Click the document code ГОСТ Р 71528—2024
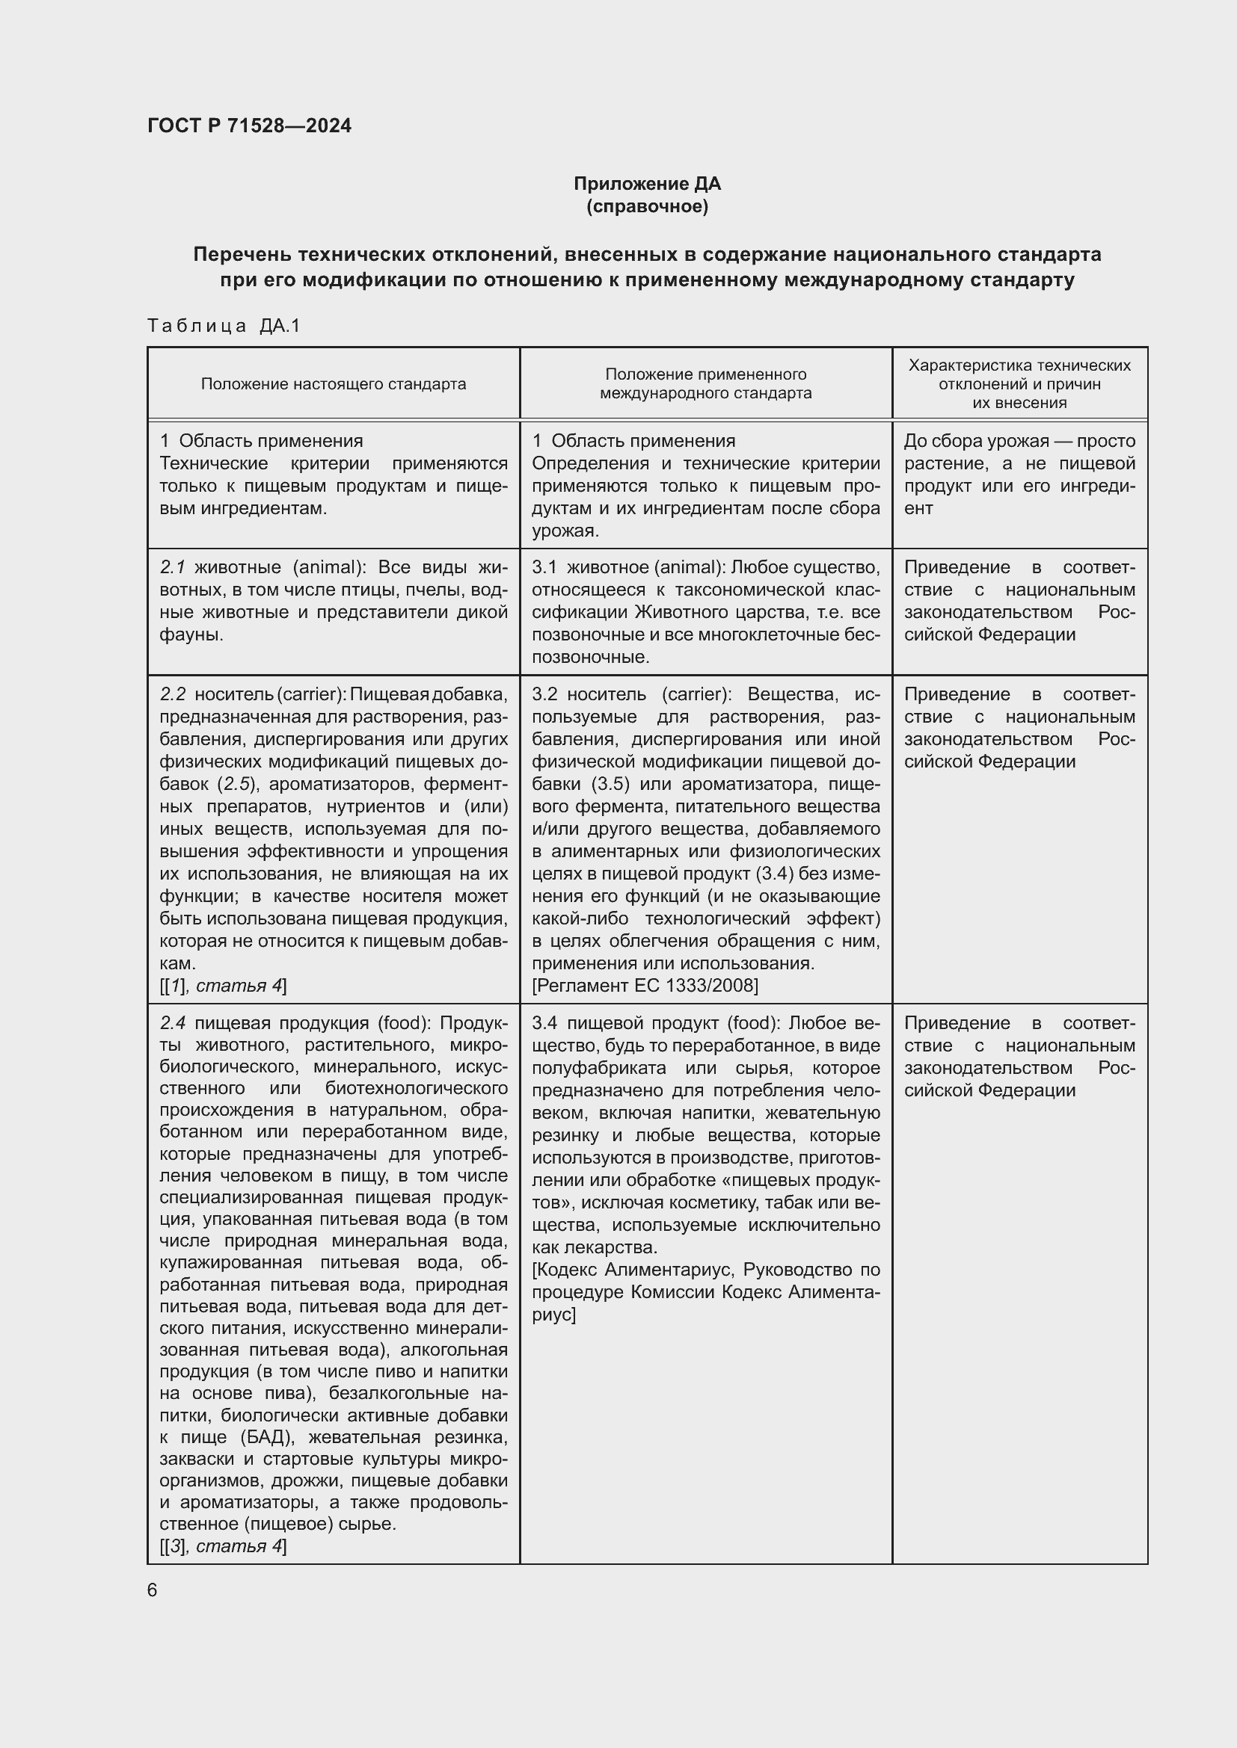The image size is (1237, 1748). [x=249, y=126]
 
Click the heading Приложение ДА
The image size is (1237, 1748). [x=647, y=184]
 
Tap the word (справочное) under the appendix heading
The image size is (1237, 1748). [x=647, y=206]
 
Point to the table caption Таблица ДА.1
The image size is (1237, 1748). [x=224, y=326]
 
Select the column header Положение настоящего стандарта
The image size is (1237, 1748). [x=333, y=383]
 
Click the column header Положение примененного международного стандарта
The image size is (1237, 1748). [x=705, y=383]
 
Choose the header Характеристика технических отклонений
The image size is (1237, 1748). [x=1019, y=374]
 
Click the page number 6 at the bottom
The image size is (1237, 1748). [x=153, y=1590]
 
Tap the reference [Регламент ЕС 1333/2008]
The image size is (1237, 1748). [x=645, y=986]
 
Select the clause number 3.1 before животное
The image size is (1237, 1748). [x=544, y=567]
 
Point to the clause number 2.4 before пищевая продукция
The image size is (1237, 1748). [x=173, y=1023]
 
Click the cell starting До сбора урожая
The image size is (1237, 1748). [x=1019, y=475]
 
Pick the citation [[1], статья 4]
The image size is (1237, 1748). [x=223, y=986]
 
